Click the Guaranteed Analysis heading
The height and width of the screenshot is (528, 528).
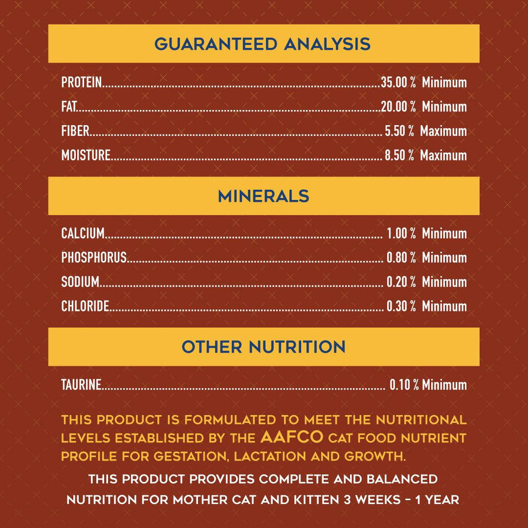pyautogui.click(x=262, y=44)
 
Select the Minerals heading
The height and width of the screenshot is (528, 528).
pyautogui.click(x=263, y=196)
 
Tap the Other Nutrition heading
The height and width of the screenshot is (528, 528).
pyautogui.click(x=263, y=347)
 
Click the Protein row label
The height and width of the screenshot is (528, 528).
pyautogui.click(x=81, y=82)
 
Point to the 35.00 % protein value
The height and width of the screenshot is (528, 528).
pyautogui.click(x=398, y=82)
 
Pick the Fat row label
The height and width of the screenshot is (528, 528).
pyautogui.click(x=69, y=107)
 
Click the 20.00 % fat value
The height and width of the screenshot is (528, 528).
pyautogui.click(x=398, y=107)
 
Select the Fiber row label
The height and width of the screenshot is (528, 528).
pyautogui.click(x=75, y=131)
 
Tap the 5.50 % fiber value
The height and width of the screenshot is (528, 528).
pyautogui.click(x=399, y=131)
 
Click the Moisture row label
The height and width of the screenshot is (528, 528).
pyautogui.click(x=86, y=155)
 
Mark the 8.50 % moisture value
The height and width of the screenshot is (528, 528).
pyautogui.click(x=399, y=155)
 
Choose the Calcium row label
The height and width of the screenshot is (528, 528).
pyautogui.click(x=82, y=234)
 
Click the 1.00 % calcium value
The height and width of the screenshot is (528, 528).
pyautogui.click(x=401, y=234)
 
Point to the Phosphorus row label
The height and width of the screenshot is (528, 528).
pyautogui.click(x=94, y=258)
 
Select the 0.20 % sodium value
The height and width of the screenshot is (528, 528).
pyautogui.click(x=401, y=282)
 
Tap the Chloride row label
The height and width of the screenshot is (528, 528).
pyautogui.click(x=85, y=306)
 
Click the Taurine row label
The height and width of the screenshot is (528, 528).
pyautogui.click(x=81, y=385)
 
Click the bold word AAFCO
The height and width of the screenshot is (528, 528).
pyautogui.click(x=292, y=438)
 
